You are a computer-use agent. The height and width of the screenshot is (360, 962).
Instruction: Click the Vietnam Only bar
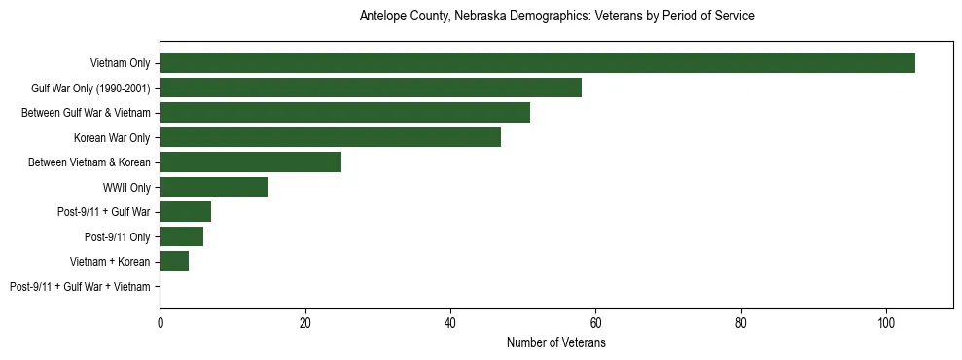[537, 63]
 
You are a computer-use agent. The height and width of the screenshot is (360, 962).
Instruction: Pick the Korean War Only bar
[330, 137]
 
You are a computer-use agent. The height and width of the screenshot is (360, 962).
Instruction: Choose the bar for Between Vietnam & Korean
[250, 162]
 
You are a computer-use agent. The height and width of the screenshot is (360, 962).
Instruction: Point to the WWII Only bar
[214, 187]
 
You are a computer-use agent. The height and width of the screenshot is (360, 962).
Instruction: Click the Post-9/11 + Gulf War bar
[185, 212]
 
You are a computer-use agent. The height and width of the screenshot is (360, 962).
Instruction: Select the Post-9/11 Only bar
[181, 236]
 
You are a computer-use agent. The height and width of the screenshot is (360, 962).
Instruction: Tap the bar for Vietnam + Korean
[174, 262]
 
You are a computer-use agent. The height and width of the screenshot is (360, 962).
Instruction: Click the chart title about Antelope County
[556, 17]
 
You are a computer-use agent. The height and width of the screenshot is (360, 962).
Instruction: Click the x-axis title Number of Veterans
[556, 343]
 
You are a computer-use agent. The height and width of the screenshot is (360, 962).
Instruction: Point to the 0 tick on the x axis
[160, 323]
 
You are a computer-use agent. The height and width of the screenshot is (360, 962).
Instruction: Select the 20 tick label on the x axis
[304, 323]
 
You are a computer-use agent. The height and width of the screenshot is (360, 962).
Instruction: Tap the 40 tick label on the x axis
[450, 323]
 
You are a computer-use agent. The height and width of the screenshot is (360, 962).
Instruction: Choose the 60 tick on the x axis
[595, 323]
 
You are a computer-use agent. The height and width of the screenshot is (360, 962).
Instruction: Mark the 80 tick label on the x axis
[741, 323]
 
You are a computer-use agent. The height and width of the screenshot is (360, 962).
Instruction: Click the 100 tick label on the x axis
[886, 323]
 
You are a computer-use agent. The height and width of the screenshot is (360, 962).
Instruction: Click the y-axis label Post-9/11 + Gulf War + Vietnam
[80, 287]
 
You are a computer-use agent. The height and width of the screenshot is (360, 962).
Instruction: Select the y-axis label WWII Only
[126, 187]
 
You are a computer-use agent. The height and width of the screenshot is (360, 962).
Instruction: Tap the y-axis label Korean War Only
[112, 137]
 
